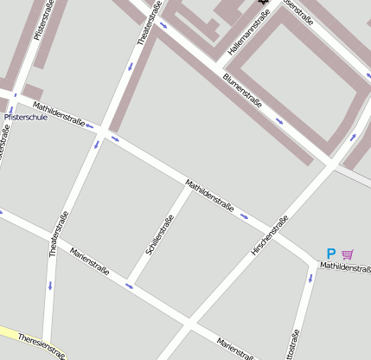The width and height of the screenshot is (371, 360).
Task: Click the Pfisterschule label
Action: pyautogui.click(x=26, y=117)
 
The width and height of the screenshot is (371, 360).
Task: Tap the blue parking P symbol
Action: pyautogui.click(x=330, y=254)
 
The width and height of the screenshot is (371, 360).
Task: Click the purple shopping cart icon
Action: pyautogui.click(x=348, y=254)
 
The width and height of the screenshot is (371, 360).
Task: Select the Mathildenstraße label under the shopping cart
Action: pyautogui.click(x=345, y=267)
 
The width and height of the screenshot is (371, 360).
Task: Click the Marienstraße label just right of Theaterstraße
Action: pyautogui.click(x=90, y=260)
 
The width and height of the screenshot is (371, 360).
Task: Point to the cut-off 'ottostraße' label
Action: pyautogui.click(x=296, y=344)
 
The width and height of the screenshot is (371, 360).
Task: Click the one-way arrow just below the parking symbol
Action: pyautogui.click(x=310, y=279)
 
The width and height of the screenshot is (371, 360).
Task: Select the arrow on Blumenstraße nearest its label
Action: pyautogui.click(x=278, y=120)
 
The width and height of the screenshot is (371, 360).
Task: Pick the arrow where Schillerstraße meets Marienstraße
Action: pyautogui.click(x=129, y=285)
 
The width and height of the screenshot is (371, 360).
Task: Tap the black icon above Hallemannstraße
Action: pyautogui.click(x=262, y=3)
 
